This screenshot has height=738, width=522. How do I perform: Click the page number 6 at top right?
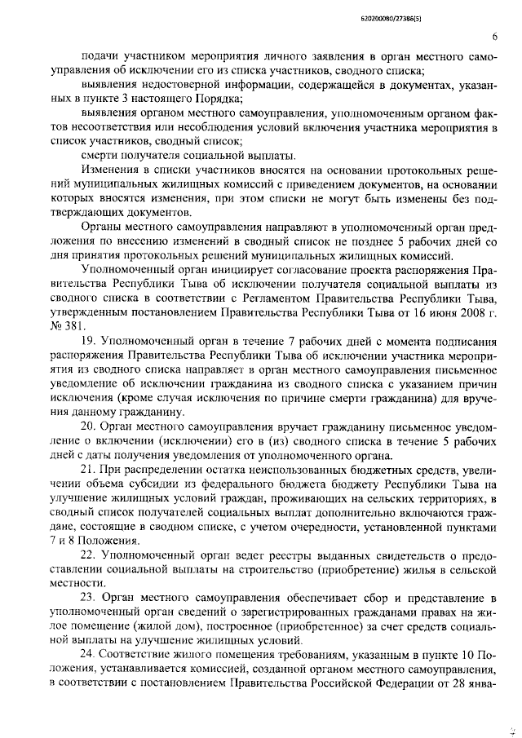[x=495, y=37]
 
